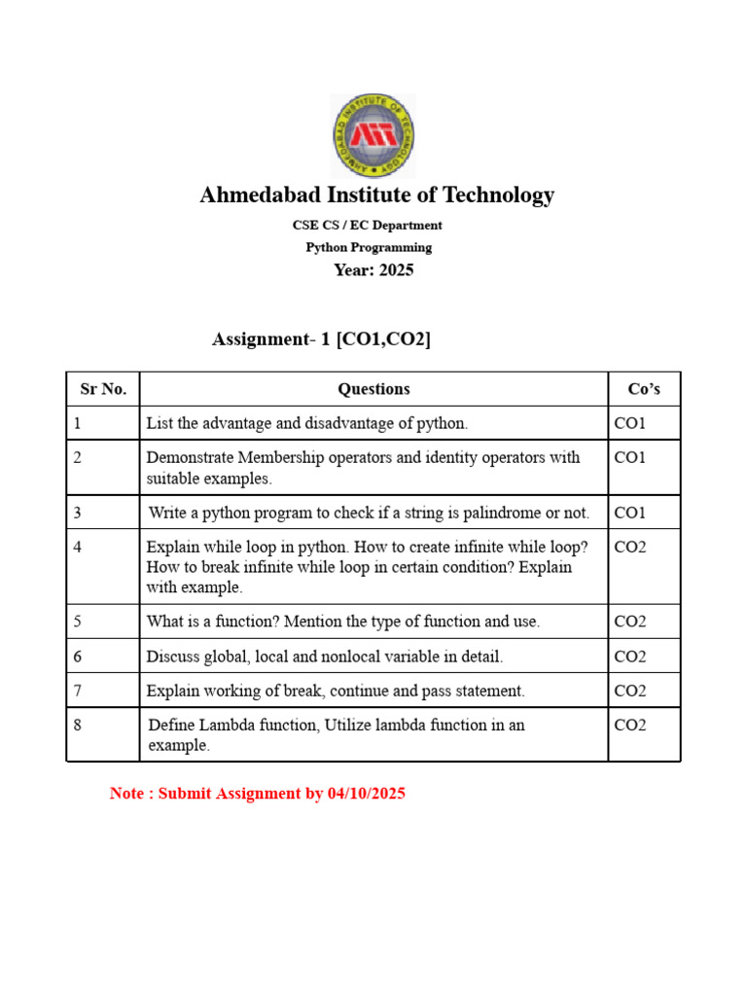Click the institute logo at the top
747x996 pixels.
(x=373, y=135)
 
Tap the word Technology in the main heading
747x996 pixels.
(x=497, y=196)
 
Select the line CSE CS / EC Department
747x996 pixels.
(x=368, y=225)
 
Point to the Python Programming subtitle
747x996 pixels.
(x=369, y=247)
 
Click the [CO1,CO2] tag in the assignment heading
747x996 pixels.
(x=383, y=339)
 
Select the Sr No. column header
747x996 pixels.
(x=103, y=389)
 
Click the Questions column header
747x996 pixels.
(x=373, y=389)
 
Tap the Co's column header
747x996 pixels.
(x=644, y=389)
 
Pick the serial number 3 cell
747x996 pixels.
(x=78, y=513)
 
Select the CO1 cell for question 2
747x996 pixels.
(x=630, y=457)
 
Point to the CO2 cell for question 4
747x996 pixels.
(x=630, y=548)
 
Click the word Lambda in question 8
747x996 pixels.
(x=224, y=725)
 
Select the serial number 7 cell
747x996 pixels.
(x=78, y=691)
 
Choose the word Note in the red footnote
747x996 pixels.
(x=126, y=794)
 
